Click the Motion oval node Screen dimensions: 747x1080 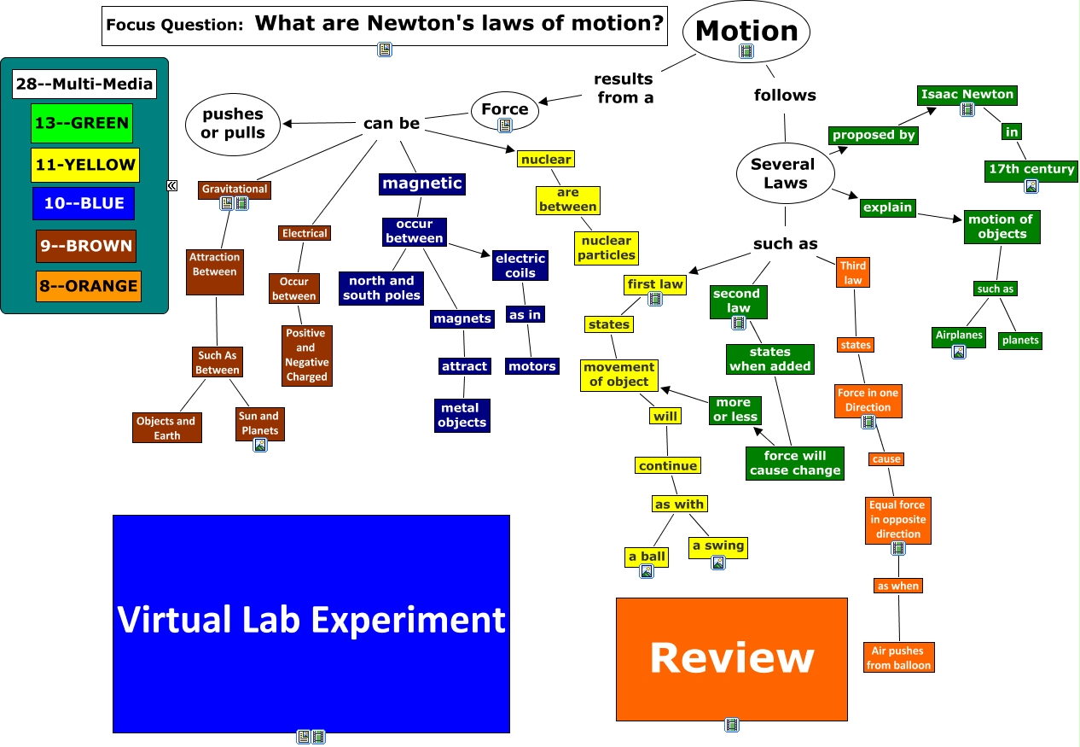(x=746, y=32)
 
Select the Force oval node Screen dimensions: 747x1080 (x=504, y=109)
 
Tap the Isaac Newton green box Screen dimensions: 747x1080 (x=967, y=94)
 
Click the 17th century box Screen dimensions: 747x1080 (x=1031, y=169)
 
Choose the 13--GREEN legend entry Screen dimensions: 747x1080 (x=81, y=123)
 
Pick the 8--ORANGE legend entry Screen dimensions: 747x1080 (x=88, y=286)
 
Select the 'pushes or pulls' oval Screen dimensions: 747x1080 (x=233, y=124)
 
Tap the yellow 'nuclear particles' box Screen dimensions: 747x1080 (x=607, y=248)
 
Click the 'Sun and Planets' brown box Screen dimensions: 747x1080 (x=259, y=423)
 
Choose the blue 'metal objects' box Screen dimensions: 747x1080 (x=462, y=415)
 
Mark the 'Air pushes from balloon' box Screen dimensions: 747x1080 (x=899, y=657)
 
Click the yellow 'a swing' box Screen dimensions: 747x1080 (x=717, y=546)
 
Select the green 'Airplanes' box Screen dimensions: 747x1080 (x=959, y=336)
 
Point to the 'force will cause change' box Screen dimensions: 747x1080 (x=795, y=463)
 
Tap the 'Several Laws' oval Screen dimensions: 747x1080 (x=782, y=173)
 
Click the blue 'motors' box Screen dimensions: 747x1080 (x=531, y=366)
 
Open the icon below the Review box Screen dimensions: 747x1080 (x=732, y=726)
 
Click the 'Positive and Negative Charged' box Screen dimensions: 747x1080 (x=306, y=354)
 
